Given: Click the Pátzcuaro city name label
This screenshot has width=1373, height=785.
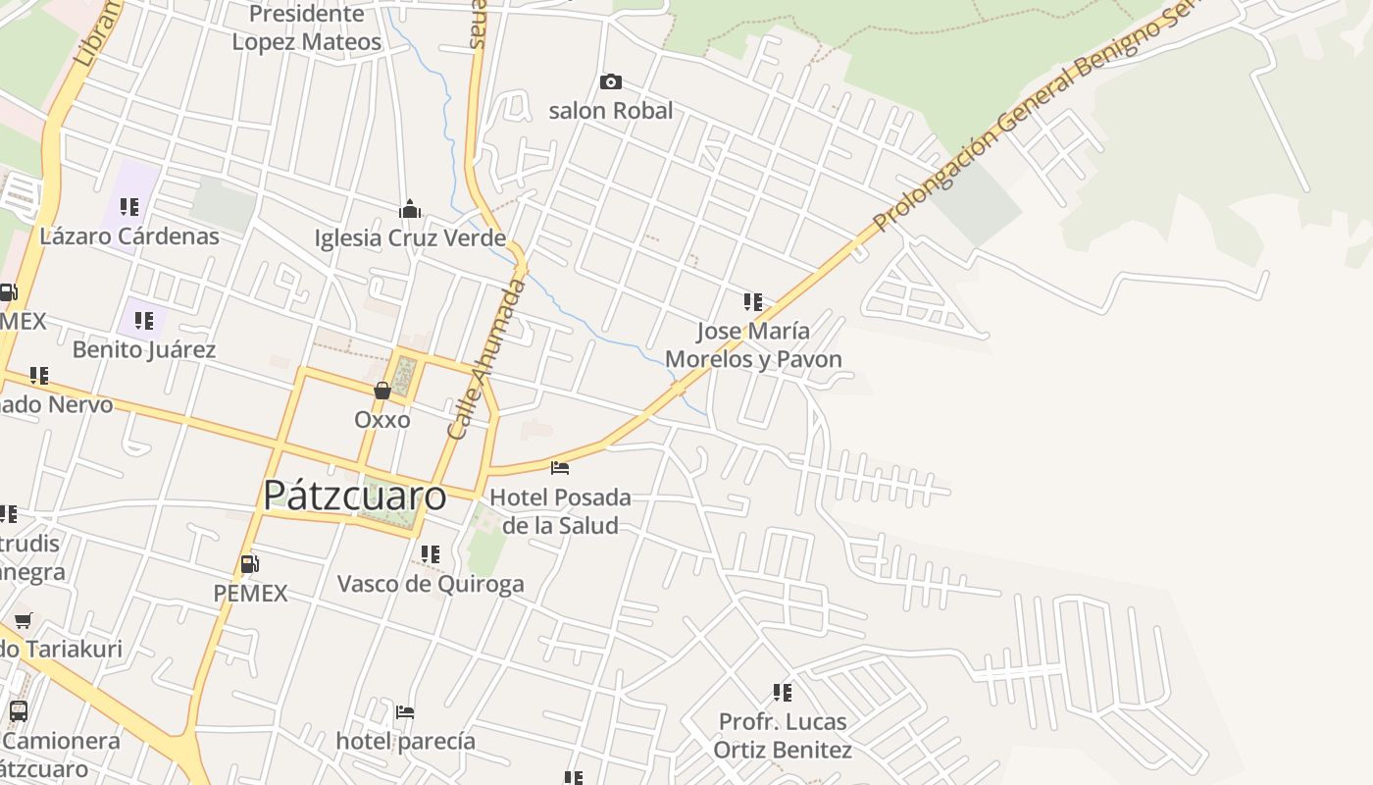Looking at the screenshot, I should (x=354, y=496).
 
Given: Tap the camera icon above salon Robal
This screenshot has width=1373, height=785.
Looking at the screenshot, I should (x=610, y=81).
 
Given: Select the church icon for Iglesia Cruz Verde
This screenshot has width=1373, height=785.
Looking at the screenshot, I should (x=410, y=209).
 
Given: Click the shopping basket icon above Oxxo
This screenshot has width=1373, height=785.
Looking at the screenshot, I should (x=382, y=391).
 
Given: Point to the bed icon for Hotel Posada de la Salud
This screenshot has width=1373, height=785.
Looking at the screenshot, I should (x=560, y=467).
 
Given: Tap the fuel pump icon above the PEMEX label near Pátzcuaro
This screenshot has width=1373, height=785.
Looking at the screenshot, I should (x=250, y=564).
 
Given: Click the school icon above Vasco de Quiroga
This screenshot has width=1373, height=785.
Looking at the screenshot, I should (x=431, y=554).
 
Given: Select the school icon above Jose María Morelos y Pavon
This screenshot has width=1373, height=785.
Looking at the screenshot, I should (x=753, y=301).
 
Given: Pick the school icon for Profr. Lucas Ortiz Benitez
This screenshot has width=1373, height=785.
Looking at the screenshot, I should (x=783, y=693).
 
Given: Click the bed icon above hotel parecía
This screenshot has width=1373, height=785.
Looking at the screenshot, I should (x=405, y=711).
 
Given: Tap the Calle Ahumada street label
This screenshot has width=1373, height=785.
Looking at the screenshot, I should (x=486, y=359).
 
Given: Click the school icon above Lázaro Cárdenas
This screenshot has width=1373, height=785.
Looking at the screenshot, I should (x=129, y=207).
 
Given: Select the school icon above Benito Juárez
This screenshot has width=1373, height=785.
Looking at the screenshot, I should (x=144, y=320).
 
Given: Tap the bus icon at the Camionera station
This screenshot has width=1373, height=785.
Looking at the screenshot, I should (x=18, y=711).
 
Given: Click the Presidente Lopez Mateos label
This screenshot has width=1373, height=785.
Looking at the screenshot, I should (x=306, y=27).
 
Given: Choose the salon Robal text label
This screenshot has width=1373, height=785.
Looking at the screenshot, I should (x=611, y=111).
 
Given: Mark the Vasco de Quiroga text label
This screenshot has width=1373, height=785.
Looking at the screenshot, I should (x=431, y=584).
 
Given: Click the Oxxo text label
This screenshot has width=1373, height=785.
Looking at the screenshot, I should (x=382, y=419).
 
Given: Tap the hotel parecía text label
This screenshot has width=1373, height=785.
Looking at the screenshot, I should (x=405, y=741).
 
